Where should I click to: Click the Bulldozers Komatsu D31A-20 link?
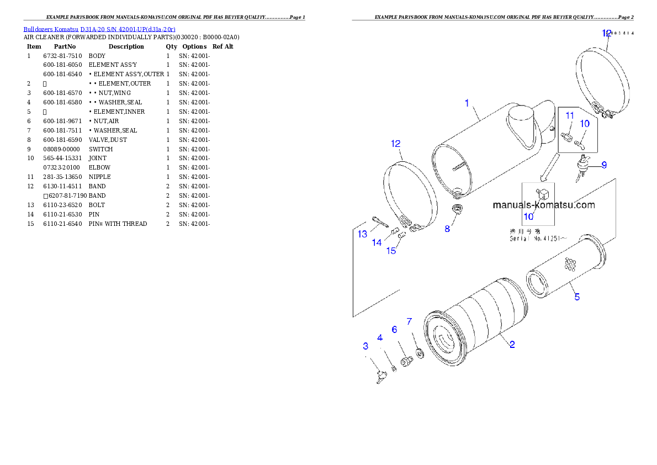pos(99,29)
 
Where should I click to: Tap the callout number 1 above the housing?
pos(467,103)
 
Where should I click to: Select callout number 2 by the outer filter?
pos(512,345)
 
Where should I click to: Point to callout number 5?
pos(577,297)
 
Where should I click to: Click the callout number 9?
pos(604,165)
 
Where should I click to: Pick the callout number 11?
pos(570,115)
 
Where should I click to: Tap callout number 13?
pos(362,234)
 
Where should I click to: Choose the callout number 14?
pos(377,242)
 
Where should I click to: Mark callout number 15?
pos(391,251)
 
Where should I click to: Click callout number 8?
pos(447,228)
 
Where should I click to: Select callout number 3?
pos(365,346)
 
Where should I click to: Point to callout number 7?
pos(409,321)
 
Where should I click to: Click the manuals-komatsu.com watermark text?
pos(544,205)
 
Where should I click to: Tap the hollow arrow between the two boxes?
pos(549,168)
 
